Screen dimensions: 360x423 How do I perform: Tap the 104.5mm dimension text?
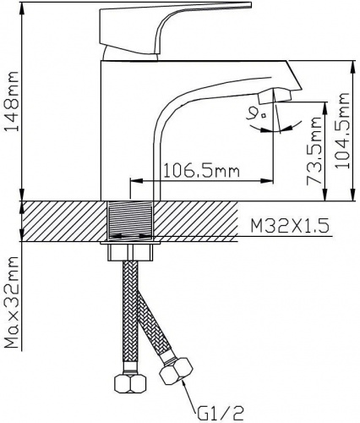tap(343, 130)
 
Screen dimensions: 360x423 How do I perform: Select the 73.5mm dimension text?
tap(314, 151)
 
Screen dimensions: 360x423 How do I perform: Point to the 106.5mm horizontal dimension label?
tap(201, 171)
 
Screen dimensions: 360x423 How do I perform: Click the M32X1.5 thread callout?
tap(290, 226)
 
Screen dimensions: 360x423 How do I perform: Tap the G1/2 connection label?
tap(221, 414)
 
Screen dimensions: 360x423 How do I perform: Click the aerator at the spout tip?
tap(275, 96)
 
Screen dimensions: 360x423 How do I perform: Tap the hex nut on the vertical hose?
tap(130, 382)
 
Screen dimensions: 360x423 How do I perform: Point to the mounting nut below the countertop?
tap(131, 253)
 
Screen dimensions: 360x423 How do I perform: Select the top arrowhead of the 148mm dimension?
tap(22, 8)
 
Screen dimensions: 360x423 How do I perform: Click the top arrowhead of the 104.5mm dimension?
tap(352, 67)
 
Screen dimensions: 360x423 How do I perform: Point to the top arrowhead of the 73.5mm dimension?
tap(325, 108)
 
